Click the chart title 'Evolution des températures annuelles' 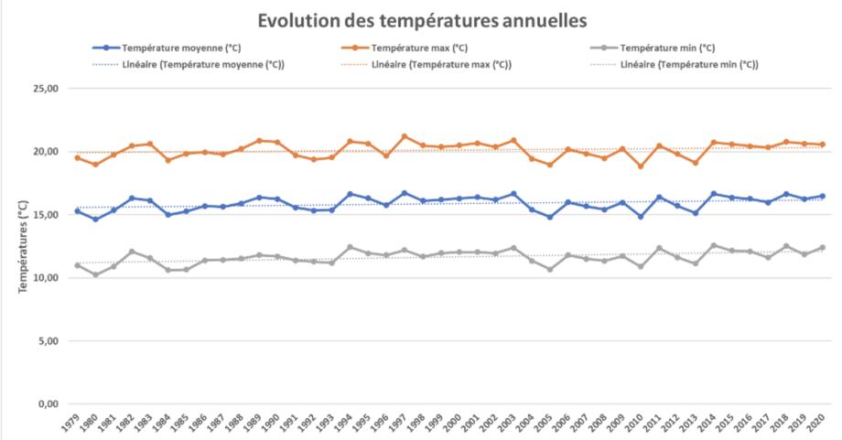(421, 19)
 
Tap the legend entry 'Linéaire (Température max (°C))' (441, 64)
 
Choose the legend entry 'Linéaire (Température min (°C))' (688, 64)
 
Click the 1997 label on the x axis (402, 425)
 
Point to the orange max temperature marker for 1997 (404, 136)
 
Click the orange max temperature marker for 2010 (640, 166)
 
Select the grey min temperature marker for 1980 (95, 274)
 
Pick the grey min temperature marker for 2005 (549, 269)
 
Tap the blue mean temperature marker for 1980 (95, 219)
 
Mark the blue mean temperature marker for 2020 (822, 196)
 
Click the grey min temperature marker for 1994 (350, 247)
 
